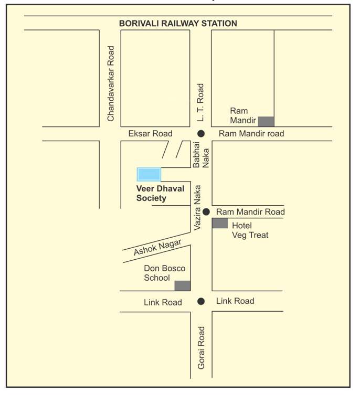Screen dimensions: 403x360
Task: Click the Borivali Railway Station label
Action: click(x=178, y=23)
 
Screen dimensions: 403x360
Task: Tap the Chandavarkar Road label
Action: click(x=111, y=84)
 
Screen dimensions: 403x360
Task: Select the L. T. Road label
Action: click(x=200, y=101)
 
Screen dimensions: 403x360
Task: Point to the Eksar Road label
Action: click(x=150, y=134)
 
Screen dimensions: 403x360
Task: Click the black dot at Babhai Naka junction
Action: click(x=201, y=133)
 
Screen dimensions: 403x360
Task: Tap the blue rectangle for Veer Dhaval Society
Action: click(x=149, y=174)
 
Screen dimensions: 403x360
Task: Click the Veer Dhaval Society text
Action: click(x=160, y=193)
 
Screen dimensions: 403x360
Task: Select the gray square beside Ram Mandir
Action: click(x=266, y=121)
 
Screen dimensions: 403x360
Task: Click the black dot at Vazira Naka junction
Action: click(x=206, y=211)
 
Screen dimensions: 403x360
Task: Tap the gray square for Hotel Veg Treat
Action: click(x=220, y=224)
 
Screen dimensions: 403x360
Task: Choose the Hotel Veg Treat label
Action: click(x=250, y=230)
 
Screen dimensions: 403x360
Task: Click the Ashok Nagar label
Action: click(x=157, y=247)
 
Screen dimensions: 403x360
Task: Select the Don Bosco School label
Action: click(x=164, y=273)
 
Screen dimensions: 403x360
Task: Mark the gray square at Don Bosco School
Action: click(x=182, y=285)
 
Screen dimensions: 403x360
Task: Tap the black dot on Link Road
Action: click(x=201, y=301)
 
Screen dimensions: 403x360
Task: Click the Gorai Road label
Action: click(x=202, y=347)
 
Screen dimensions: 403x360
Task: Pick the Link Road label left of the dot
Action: click(x=163, y=302)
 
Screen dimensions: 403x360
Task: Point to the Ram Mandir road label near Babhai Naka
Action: click(x=251, y=134)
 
